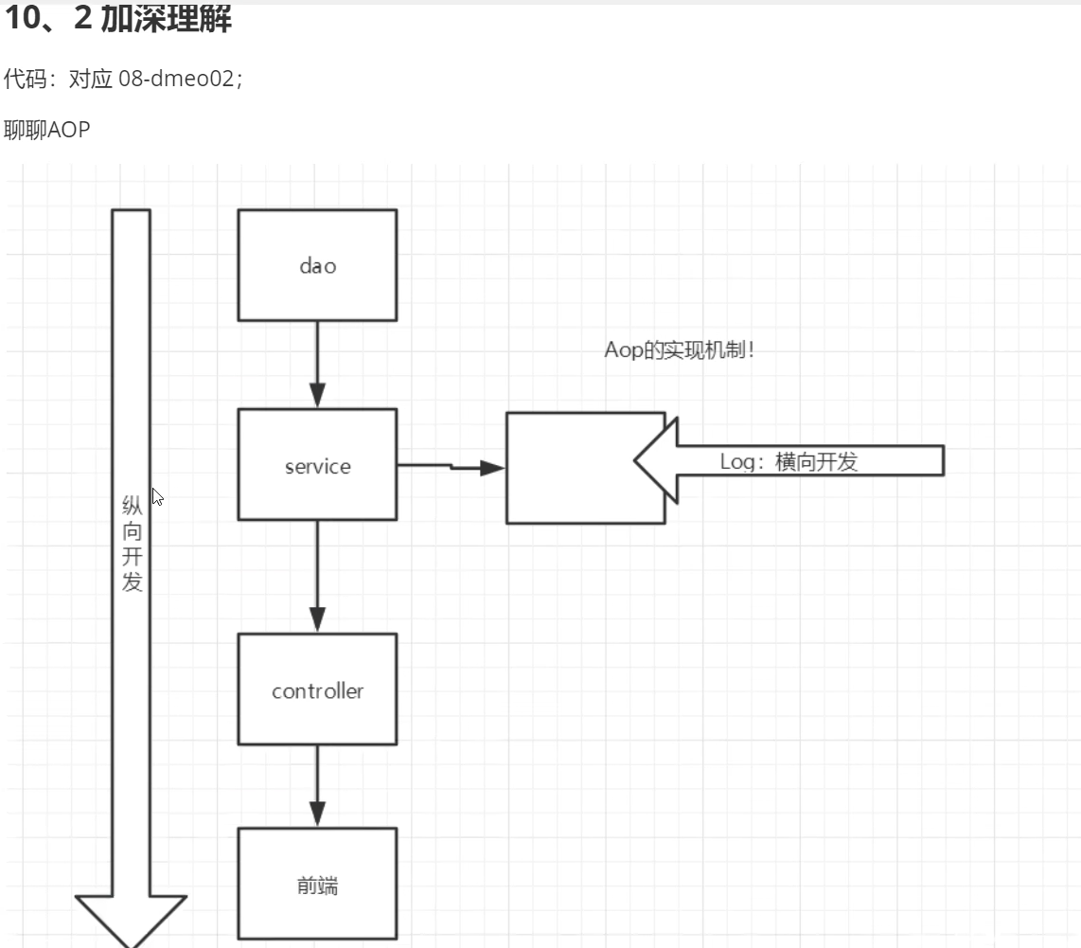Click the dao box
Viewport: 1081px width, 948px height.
317,265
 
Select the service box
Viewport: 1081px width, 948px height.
317,465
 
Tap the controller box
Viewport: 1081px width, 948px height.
317,689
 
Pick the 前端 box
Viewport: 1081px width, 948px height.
317,885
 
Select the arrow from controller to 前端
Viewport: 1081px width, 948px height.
317,786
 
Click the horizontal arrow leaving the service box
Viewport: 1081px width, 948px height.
451,466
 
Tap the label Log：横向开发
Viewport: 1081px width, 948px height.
789,462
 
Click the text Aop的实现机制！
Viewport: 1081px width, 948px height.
680,350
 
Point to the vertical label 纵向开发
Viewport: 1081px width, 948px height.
132,544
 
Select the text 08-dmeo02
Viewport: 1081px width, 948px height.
175,80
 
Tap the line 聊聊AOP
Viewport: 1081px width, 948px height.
47,130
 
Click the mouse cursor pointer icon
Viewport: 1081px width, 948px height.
157,496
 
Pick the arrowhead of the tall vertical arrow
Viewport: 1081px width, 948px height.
131,919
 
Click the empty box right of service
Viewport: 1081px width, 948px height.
568,468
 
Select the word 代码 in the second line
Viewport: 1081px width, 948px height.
25,80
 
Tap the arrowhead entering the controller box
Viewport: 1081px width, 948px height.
317,621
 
